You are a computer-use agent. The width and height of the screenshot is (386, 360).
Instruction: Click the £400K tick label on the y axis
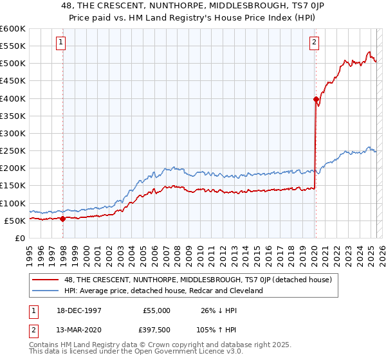click(13, 98)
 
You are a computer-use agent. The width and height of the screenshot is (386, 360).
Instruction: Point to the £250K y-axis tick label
click(13, 150)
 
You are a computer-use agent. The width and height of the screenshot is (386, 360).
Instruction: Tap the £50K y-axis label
click(15, 221)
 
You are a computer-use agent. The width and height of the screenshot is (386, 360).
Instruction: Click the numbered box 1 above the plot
click(60, 43)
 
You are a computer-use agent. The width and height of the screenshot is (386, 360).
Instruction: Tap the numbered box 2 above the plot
click(314, 43)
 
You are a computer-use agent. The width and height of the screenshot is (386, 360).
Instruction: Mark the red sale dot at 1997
click(62, 219)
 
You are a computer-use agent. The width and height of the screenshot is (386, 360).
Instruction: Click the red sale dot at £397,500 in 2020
click(316, 99)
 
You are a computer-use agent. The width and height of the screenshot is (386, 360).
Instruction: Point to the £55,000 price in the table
click(157, 310)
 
